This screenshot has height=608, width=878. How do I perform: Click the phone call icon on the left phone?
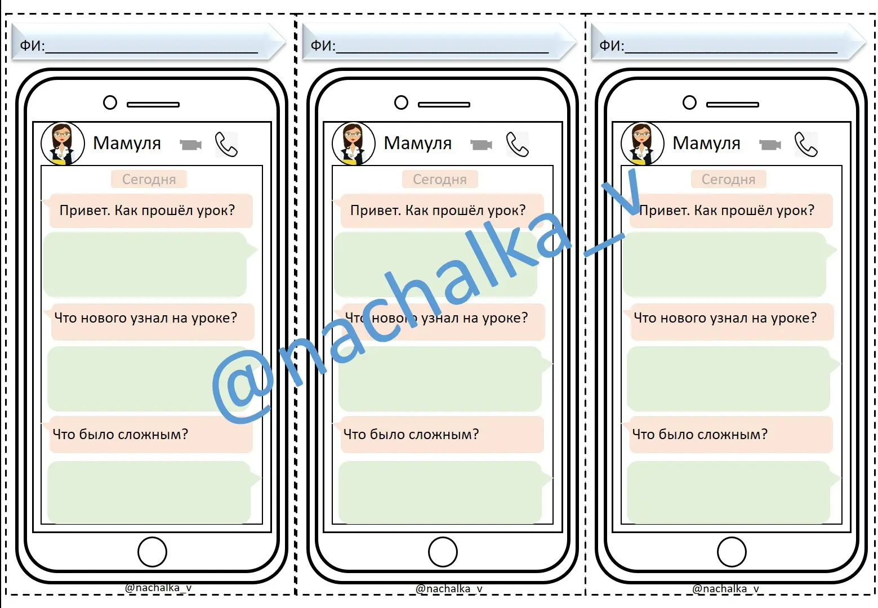(x=226, y=144)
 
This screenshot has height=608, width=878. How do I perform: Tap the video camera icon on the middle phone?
(x=482, y=145)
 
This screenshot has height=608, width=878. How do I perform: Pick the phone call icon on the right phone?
(x=806, y=144)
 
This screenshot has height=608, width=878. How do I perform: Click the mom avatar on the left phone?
(x=63, y=144)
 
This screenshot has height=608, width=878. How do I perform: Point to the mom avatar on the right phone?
(x=643, y=144)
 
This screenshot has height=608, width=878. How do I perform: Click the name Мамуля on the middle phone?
(x=417, y=143)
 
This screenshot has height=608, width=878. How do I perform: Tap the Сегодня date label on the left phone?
(x=149, y=179)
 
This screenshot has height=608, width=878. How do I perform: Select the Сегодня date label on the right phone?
(x=728, y=179)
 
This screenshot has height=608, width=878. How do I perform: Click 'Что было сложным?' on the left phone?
(x=121, y=434)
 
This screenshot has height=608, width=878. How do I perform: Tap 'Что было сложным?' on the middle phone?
(x=411, y=434)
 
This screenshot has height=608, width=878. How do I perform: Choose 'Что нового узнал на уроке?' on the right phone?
(x=725, y=318)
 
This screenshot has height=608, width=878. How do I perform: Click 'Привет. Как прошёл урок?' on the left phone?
(x=147, y=211)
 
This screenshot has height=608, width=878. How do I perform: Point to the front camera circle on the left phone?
(x=110, y=102)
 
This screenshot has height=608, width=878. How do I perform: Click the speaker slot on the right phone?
(x=733, y=105)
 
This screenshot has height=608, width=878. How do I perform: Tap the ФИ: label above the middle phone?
(x=323, y=46)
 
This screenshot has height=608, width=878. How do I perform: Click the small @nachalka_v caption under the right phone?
(x=725, y=588)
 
